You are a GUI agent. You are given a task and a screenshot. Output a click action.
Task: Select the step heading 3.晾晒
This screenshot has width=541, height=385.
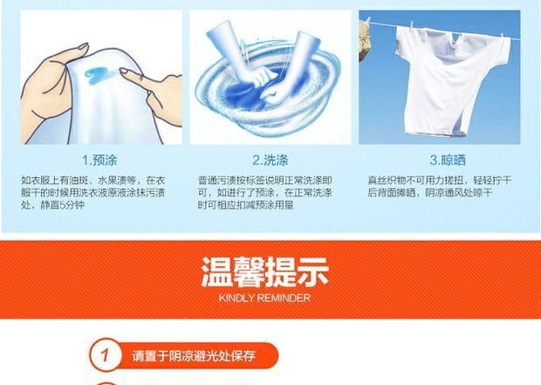445,160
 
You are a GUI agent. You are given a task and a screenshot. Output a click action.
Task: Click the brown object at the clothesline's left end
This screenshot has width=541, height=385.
370,31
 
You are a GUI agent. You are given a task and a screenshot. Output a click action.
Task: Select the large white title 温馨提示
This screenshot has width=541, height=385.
264,271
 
